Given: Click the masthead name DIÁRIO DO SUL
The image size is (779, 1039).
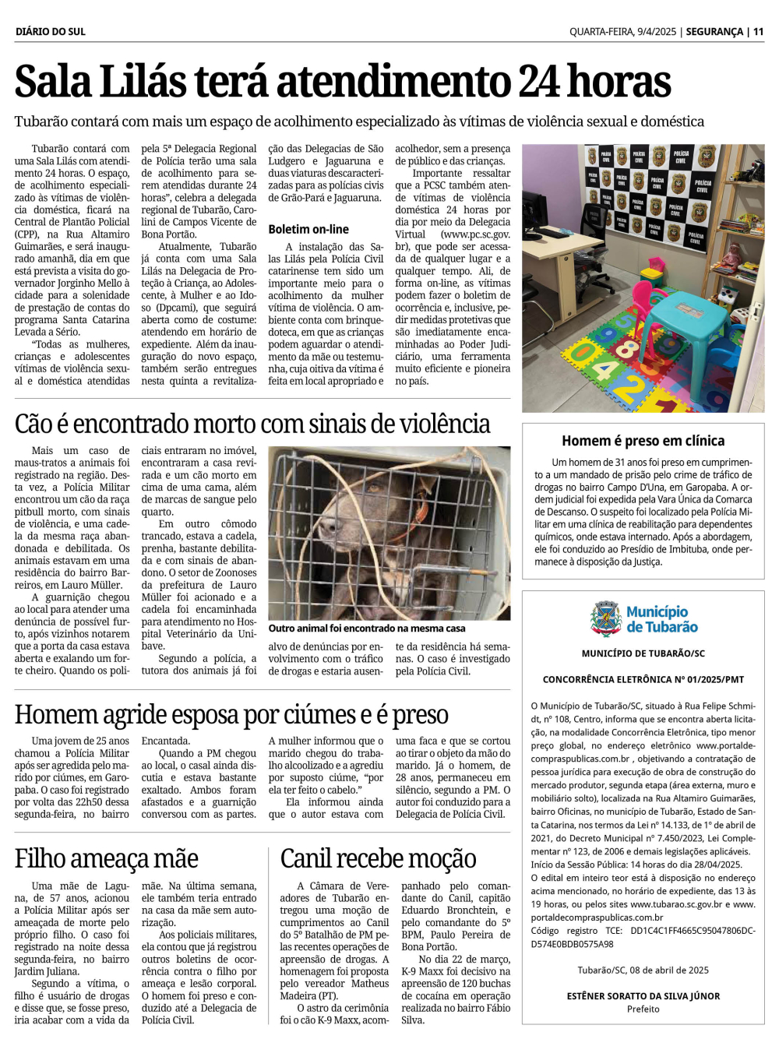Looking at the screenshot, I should [51, 32].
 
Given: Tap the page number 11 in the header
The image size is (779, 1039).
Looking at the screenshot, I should [758, 32].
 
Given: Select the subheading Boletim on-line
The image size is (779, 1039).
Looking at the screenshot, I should [308, 229].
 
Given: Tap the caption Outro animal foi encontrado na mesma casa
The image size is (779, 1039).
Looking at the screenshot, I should [367, 628].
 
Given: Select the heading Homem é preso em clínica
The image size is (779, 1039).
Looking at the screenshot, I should [643, 441].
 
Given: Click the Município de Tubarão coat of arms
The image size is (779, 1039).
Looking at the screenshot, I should [606, 619].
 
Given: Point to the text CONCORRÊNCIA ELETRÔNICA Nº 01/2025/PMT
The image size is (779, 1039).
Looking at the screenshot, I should [643, 679].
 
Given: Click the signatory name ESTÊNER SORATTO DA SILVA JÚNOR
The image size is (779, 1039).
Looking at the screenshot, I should [643, 996].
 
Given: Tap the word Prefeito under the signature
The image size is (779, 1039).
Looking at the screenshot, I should [643, 1009].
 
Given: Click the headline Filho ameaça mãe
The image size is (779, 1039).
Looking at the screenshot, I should [107, 858].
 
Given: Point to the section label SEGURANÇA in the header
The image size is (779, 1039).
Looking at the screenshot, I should [714, 32].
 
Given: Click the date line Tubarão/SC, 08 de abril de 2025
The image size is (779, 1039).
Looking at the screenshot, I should [643, 970].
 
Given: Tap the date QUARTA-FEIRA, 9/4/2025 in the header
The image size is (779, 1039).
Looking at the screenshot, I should [622, 32].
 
